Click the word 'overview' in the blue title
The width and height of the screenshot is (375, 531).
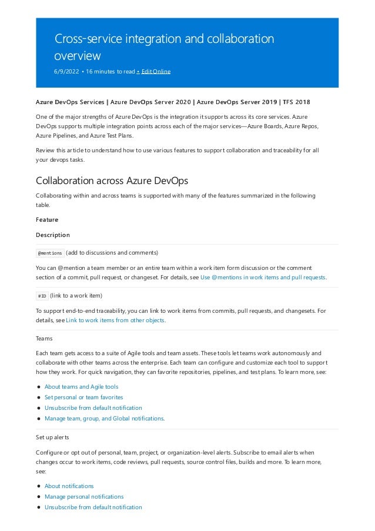click(78, 56)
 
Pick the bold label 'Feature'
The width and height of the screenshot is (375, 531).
click(48, 219)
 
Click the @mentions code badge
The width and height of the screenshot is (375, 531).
click(50, 253)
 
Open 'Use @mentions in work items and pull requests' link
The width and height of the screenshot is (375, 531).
click(263, 277)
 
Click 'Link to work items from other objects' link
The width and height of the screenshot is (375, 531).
click(115, 320)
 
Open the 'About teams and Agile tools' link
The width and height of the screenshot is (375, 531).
click(81, 386)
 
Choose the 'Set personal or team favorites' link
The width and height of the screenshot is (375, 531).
click(83, 397)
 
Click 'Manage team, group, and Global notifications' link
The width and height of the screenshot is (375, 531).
click(104, 418)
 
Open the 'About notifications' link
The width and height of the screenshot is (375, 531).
click(69, 486)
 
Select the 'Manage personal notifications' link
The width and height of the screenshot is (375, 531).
click(84, 496)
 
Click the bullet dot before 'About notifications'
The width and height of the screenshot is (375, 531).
click(38, 486)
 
